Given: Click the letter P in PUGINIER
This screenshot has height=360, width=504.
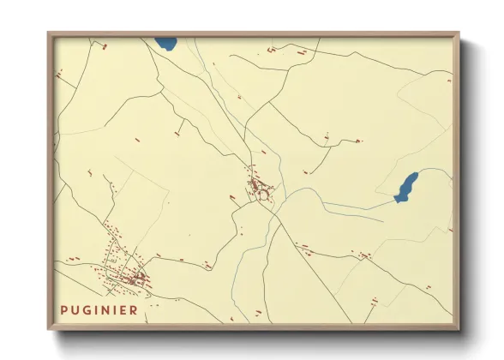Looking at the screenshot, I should (x=64, y=310).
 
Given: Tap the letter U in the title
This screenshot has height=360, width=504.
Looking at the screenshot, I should (x=75, y=310).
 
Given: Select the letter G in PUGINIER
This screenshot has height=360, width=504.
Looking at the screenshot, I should (x=87, y=310).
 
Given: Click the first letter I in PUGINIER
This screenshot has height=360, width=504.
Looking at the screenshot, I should (x=96, y=310).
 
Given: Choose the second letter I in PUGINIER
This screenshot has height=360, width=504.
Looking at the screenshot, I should (x=114, y=310).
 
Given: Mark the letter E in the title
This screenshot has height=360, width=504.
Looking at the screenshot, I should (x=123, y=310).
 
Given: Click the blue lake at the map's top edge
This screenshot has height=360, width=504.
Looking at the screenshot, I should (x=165, y=42).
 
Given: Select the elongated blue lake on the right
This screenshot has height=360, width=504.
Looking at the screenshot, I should (x=406, y=188).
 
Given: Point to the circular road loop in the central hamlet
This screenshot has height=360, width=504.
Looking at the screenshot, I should (x=263, y=196).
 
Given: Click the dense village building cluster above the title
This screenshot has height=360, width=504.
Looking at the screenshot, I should (x=129, y=277).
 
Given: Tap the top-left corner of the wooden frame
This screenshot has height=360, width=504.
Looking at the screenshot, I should (x=49, y=34).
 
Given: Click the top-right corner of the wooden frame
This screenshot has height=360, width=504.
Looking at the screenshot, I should (x=458, y=34).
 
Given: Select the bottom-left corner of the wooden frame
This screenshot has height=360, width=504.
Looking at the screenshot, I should (x=49, y=328).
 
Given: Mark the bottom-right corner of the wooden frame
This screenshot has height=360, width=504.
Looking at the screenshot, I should (x=458, y=328).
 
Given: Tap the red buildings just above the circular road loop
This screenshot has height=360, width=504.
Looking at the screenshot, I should (x=255, y=183).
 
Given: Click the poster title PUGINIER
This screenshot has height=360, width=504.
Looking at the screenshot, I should (x=99, y=310).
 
